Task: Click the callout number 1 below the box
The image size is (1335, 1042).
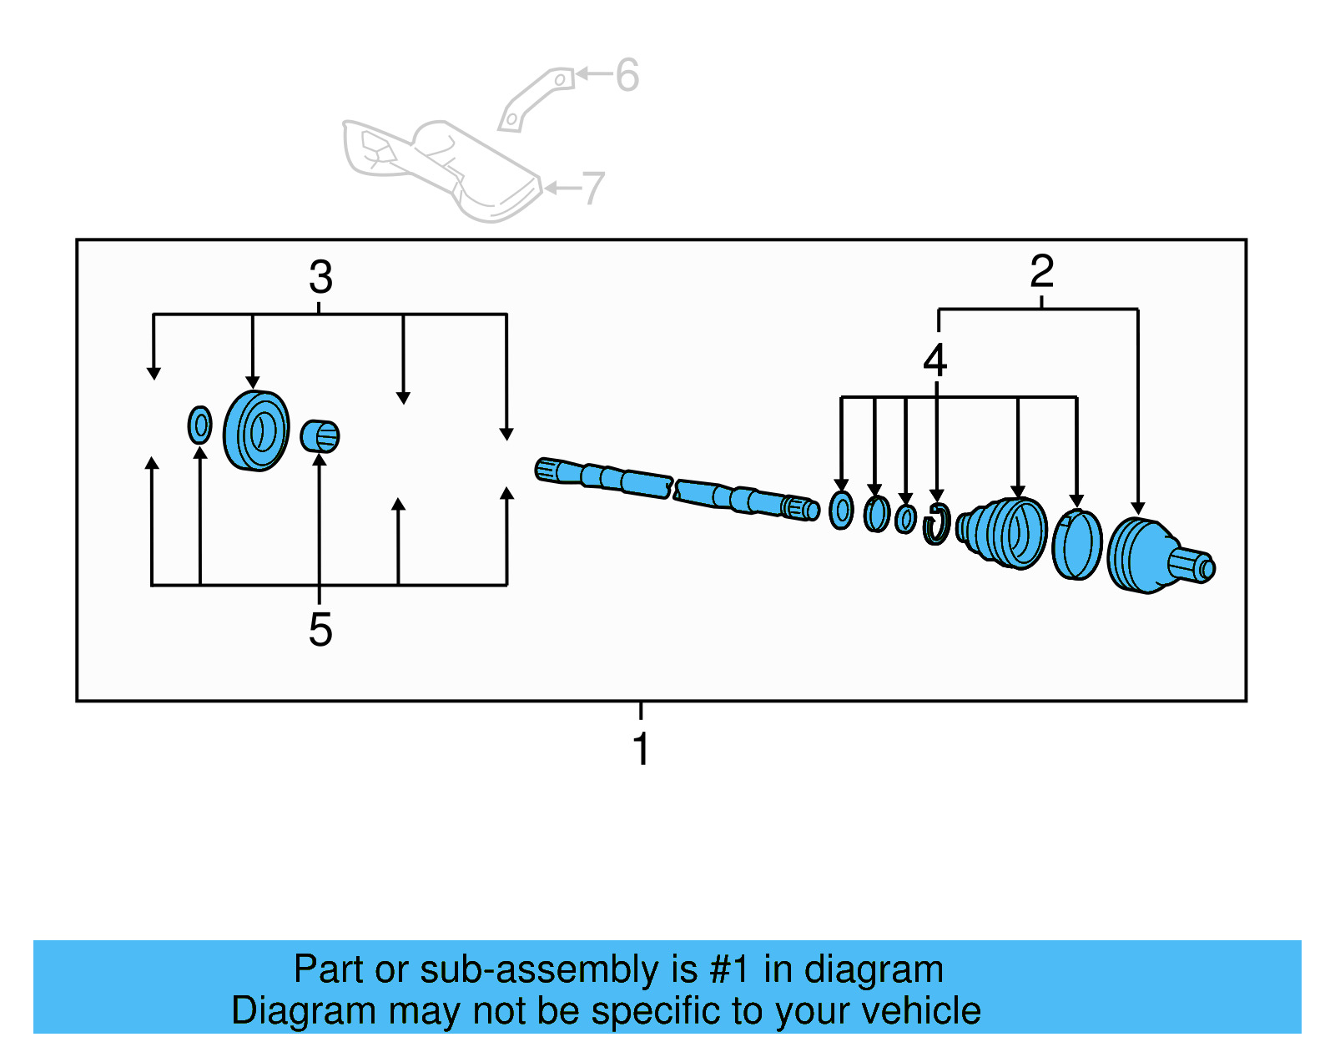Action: pos(641,748)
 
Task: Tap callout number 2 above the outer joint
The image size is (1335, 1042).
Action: pos(1041,271)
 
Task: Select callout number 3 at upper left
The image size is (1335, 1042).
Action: pos(320,277)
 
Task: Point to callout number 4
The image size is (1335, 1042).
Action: pos(935,360)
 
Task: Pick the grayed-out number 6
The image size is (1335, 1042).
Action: pos(627,75)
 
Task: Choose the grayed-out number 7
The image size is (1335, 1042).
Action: pos(593,189)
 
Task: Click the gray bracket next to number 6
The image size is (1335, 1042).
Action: pos(535,98)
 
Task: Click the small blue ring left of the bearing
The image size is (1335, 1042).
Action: pos(199,425)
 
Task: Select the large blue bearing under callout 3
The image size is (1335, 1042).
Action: pos(256,430)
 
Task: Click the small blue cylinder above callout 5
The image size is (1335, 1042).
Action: pos(320,435)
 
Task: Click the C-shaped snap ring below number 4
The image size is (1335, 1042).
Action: pos(936,525)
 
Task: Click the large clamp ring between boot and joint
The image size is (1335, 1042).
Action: pos(1076,546)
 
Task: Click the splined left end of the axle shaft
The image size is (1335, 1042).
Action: pos(549,470)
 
